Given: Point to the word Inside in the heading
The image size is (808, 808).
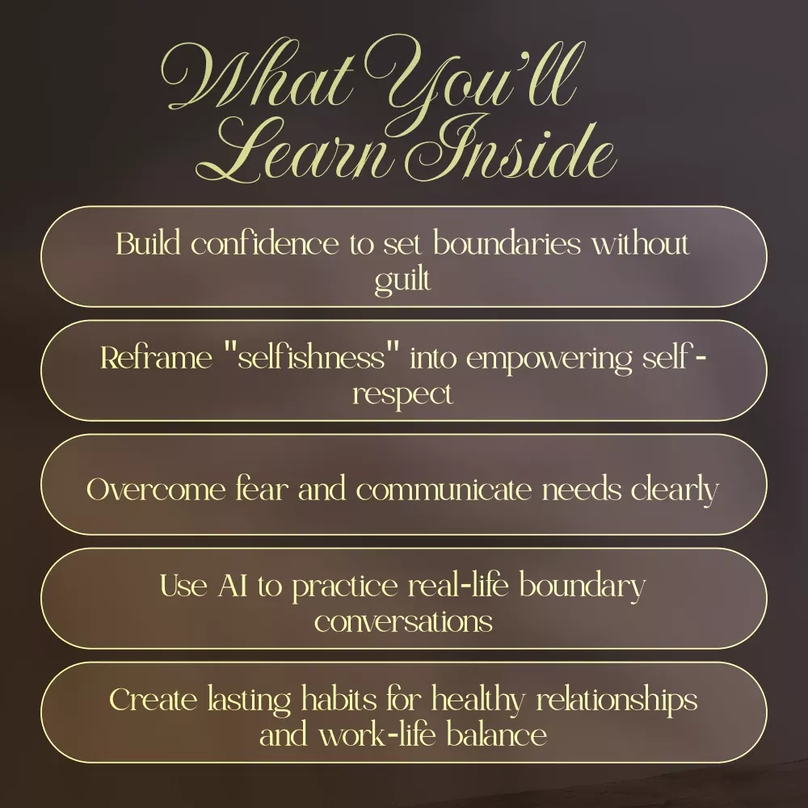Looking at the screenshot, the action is [x=510, y=149].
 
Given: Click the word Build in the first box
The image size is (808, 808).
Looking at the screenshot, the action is [x=149, y=243].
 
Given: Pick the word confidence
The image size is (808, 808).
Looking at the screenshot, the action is [x=265, y=243].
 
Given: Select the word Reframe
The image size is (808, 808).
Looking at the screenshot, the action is [x=156, y=357].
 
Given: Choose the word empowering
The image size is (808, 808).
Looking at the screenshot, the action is [x=549, y=360].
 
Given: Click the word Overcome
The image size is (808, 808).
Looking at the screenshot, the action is [x=156, y=489].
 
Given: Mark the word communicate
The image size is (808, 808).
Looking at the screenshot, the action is [x=444, y=489].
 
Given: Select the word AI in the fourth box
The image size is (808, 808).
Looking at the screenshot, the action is [x=233, y=586].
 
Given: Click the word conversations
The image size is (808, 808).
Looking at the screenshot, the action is [x=403, y=621].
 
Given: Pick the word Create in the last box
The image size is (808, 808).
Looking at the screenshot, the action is [x=153, y=700].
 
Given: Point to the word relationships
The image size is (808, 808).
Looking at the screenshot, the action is [x=617, y=701].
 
